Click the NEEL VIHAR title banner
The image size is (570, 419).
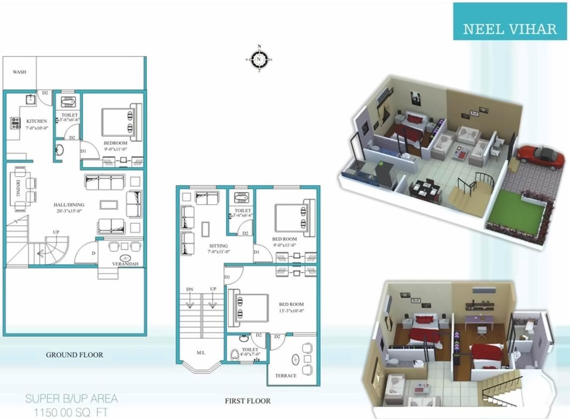(510, 28)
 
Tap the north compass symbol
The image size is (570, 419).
(259, 59)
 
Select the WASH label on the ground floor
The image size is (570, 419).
(19, 72)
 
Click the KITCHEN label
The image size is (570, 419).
(36, 121)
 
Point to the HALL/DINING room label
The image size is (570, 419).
(69, 205)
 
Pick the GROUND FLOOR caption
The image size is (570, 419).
(74, 355)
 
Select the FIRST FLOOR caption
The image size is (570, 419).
(248, 401)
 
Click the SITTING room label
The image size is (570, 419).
(218, 246)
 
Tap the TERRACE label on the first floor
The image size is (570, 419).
(286, 376)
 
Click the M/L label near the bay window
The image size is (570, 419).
(201, 353)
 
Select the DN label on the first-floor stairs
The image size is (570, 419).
(189, 289)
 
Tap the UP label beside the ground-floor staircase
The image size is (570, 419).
(56, 232)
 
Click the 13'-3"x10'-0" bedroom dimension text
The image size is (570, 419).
(292, 311)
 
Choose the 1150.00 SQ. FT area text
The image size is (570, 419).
(71, 413)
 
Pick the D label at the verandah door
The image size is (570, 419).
(94, 254)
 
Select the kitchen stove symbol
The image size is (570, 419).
(14, 123)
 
